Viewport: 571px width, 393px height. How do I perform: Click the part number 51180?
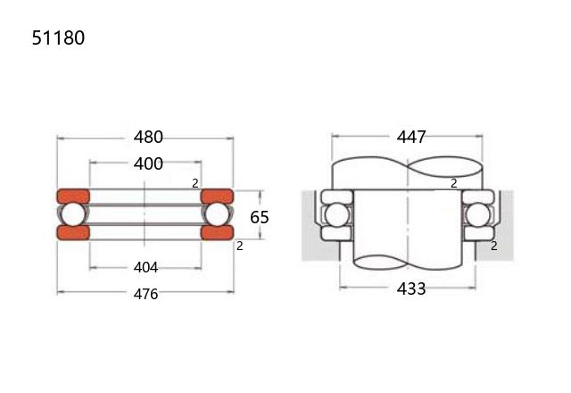58,38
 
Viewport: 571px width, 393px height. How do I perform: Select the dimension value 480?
148,138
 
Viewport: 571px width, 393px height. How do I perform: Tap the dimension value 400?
148,164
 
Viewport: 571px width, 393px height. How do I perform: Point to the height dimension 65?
260,217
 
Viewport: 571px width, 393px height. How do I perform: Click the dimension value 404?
145,268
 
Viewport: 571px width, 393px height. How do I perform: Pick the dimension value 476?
145,294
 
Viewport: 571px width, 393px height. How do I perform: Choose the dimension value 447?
411,138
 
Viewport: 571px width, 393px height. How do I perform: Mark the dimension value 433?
411,289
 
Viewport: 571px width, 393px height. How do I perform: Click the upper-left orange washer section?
73,196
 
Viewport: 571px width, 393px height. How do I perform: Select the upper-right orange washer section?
217,196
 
